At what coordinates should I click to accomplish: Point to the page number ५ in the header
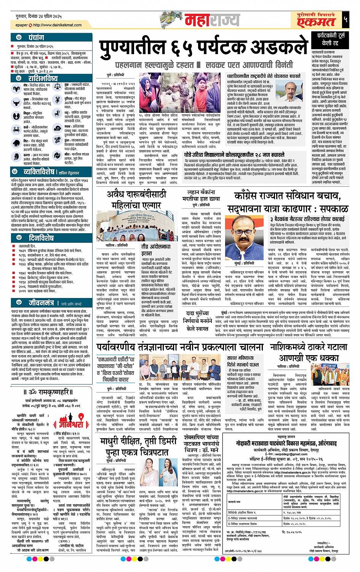tap(345, 20)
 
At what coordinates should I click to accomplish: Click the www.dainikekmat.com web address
tap(57, 25)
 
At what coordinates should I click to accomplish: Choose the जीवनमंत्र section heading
tap(42, 303)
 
